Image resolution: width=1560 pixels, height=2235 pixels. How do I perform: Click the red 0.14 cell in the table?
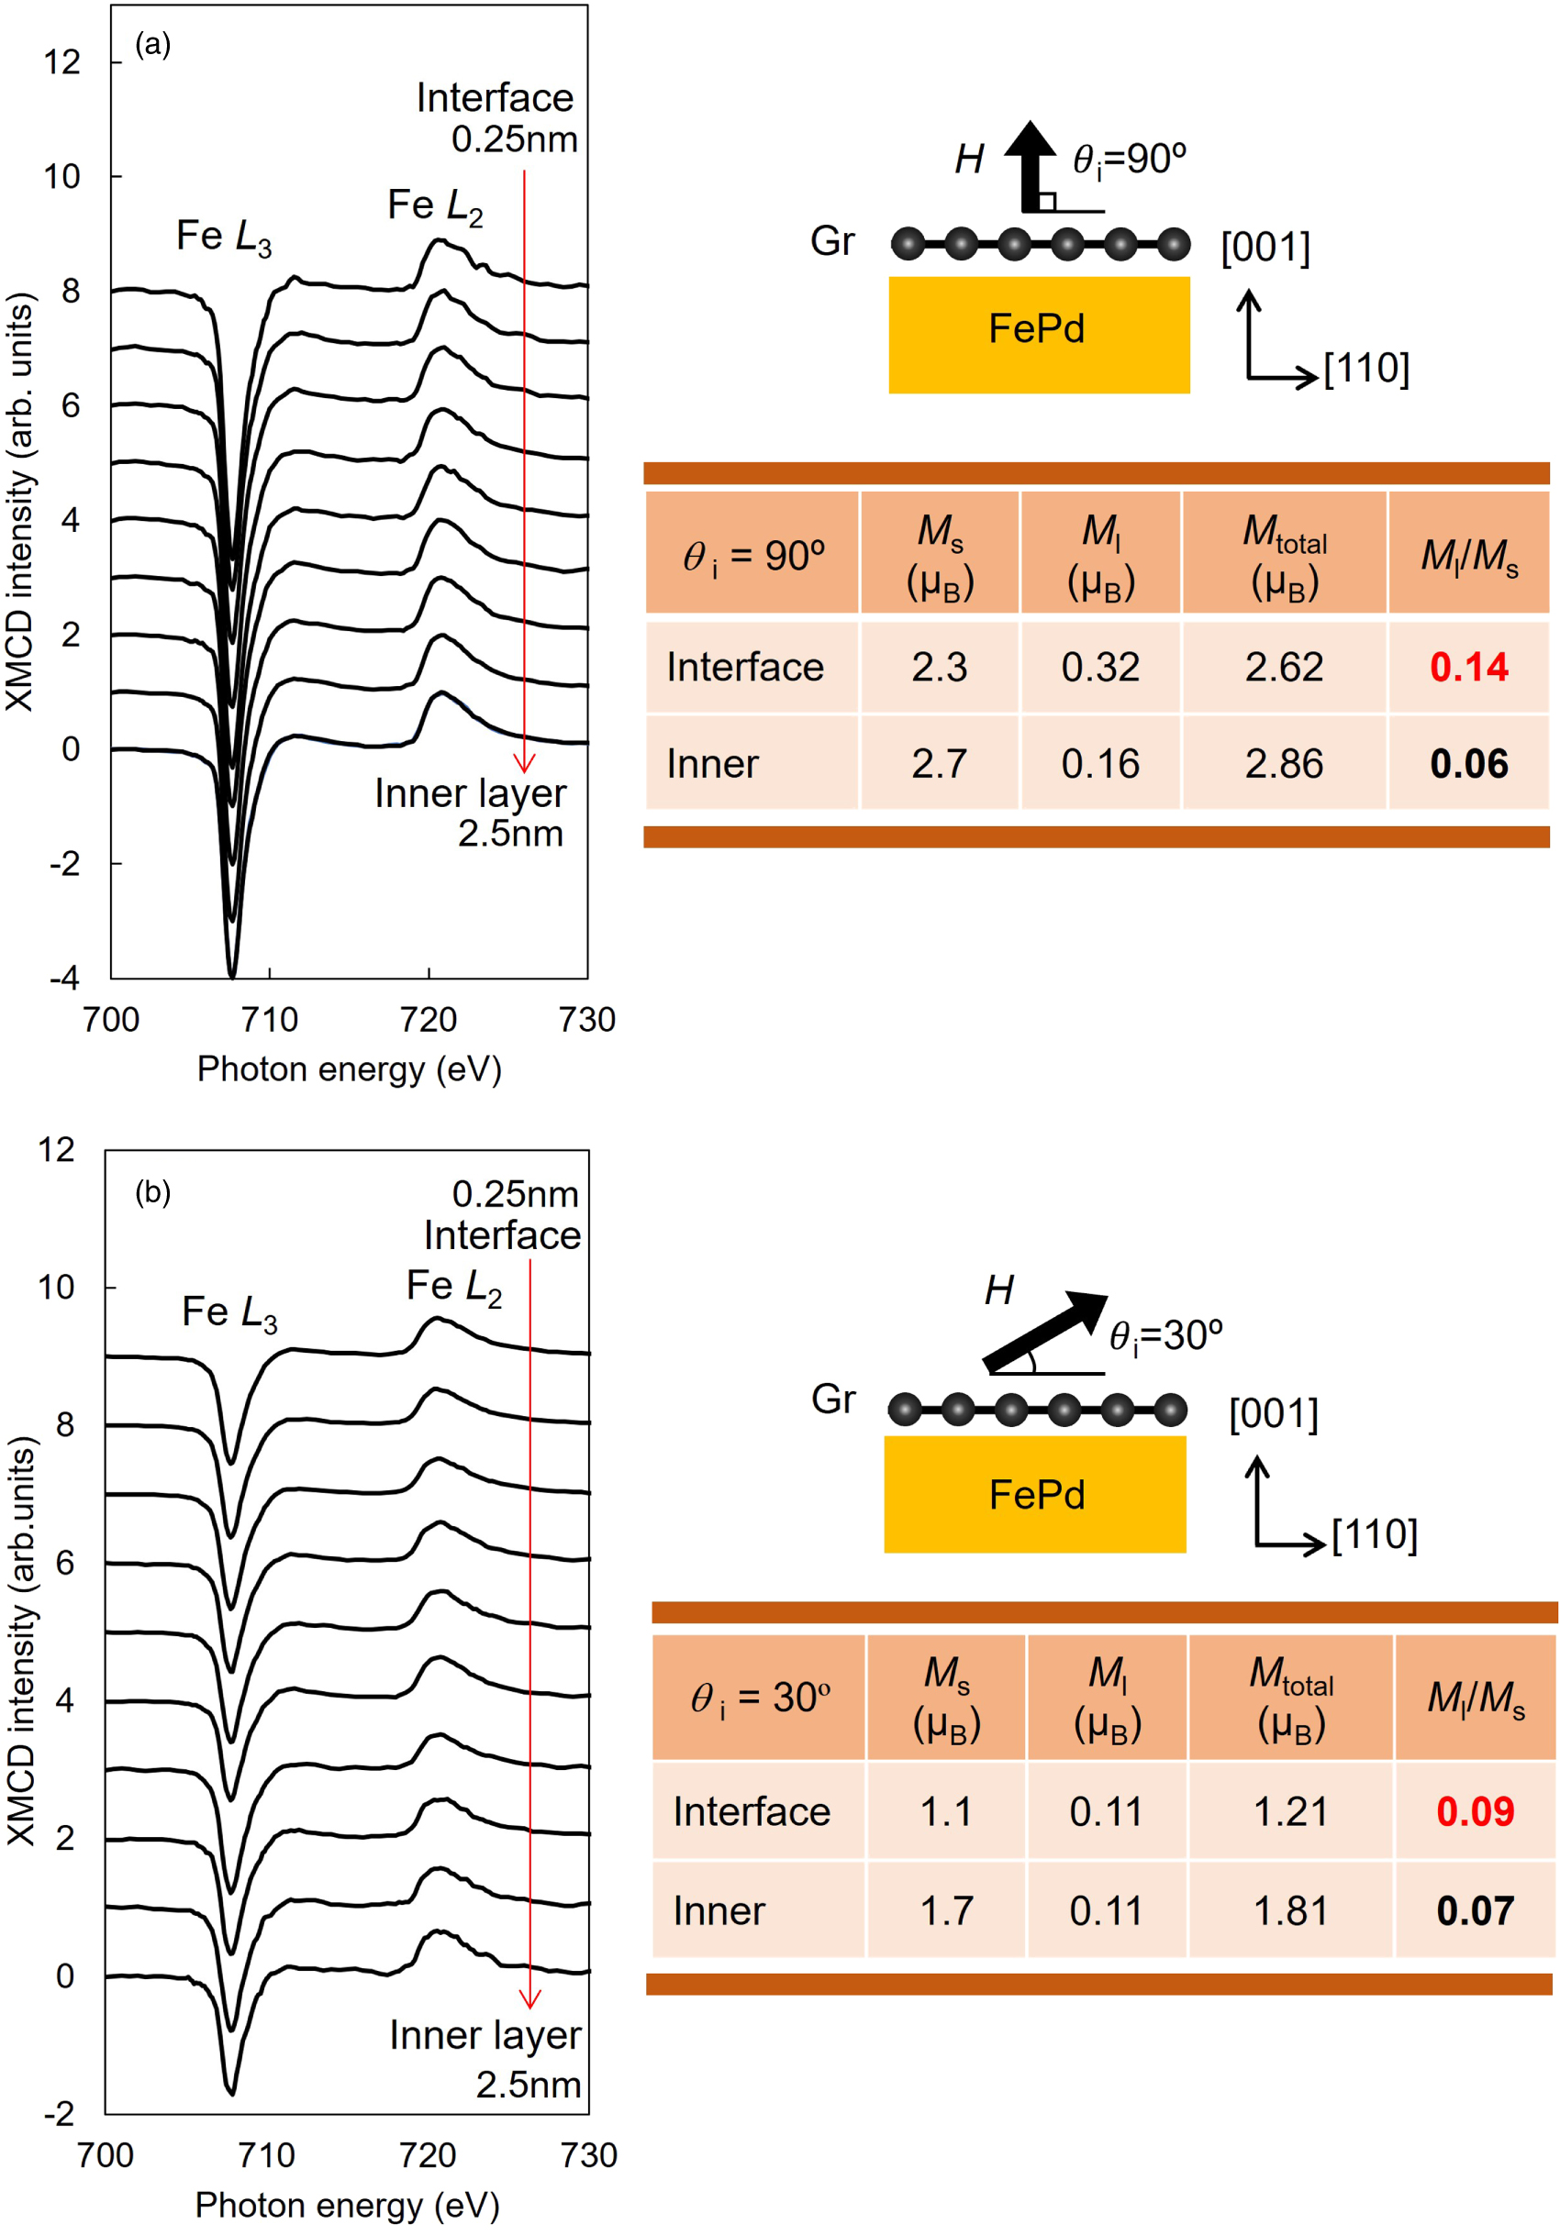(1467, 667)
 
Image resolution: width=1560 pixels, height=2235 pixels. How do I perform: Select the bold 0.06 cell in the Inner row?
(1467, 763)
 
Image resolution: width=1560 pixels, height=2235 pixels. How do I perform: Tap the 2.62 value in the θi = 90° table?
(1284, 667)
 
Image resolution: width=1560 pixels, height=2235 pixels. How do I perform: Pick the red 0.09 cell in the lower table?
(1475, 1811)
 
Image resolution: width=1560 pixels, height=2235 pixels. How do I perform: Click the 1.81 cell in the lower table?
(1290, 1911)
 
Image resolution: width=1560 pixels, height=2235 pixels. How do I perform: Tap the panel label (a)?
(153, 44)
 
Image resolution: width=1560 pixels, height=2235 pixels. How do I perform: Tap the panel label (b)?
(153, 1191)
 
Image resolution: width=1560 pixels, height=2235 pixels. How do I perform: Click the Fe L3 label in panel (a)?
(224, 237)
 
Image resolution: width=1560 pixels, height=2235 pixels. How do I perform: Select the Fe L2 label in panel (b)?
(454, 1287)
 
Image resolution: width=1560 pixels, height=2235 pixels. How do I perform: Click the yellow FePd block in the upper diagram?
(1038, 334)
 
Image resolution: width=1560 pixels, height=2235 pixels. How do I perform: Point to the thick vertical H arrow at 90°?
(1031, 165)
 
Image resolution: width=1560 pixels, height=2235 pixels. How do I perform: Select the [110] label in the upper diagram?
(1366, 368)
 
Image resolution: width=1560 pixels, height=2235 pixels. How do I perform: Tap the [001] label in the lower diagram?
(1273, 1413)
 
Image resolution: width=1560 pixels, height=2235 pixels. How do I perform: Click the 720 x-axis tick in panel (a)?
(429, 1019)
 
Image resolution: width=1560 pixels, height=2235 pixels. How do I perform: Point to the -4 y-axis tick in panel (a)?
(65, 978)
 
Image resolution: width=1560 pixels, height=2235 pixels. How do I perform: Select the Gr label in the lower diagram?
(832, 1399)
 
